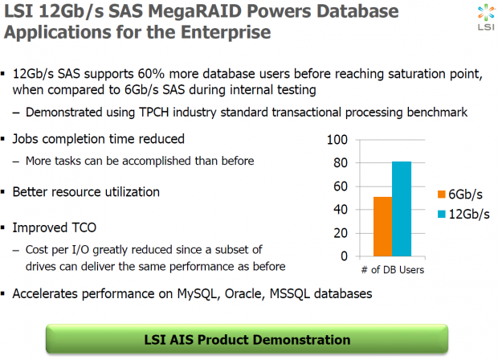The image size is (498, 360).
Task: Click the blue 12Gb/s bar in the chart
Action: click(401, 208)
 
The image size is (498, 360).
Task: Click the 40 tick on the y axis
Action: click(341, 210)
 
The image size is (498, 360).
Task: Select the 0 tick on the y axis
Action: click(344, 256)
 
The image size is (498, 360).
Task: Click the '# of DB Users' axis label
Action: click(392, 270)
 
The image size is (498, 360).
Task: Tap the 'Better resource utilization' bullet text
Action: click(86, 192)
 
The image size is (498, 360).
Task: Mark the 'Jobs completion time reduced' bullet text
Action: click(98, 139)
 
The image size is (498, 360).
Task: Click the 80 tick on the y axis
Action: click(341, 163)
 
